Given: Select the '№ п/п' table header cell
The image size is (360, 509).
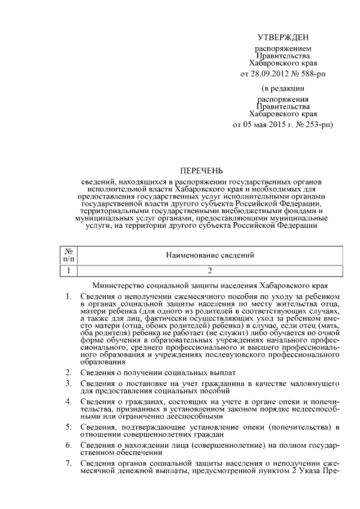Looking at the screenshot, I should coord(68,255).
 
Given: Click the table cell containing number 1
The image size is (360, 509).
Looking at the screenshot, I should coord(68,271).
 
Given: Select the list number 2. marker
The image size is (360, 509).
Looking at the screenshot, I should coord(68,372).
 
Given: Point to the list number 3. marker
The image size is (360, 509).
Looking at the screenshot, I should coord(68,384).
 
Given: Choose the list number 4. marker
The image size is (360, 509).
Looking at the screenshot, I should coord(68,402).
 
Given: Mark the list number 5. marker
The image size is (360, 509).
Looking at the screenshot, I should coord(68,427).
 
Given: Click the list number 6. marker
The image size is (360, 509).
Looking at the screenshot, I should coord(68,445).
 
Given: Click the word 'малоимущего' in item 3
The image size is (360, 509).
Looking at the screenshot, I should coord(314,384).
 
